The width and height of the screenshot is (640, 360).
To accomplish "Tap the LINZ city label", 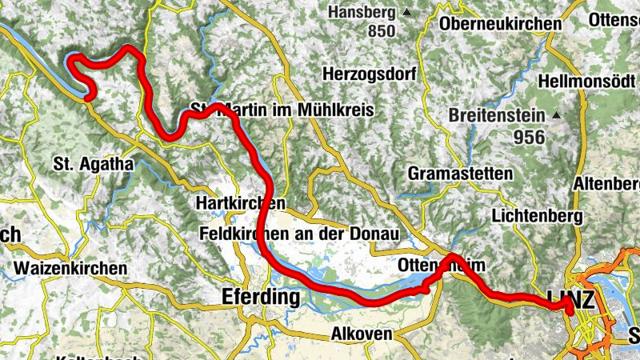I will (572, 300).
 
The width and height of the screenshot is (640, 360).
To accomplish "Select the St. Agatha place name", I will (93, 165).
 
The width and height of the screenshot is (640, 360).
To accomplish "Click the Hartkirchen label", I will (239, 204).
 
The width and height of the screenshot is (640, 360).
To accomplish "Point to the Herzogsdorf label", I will (370, 74).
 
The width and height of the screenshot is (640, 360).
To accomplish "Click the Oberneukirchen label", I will (500, 24).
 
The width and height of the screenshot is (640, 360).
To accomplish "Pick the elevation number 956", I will (530, 137).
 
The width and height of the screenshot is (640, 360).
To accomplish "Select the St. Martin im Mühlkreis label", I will (282, 110).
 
